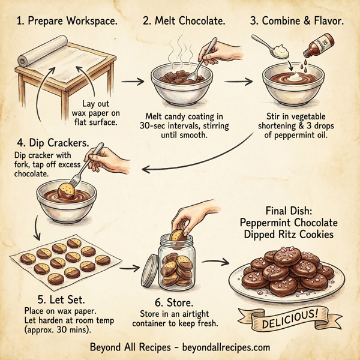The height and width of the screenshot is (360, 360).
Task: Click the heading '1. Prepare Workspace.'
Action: coord(65,22)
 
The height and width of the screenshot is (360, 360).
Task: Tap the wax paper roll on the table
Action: coord(23,60)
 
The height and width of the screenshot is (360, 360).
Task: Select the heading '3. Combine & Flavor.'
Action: coord(297,22)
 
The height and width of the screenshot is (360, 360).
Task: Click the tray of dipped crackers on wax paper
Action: coord(64,258)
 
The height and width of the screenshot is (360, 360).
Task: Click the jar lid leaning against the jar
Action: coord(149,271)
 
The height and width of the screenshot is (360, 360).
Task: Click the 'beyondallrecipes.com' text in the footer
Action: coord(223,347)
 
